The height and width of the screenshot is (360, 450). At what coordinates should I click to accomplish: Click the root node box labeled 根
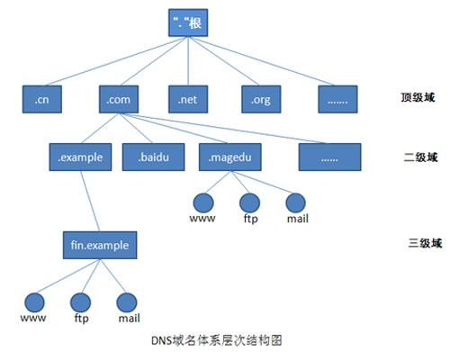(188, 22)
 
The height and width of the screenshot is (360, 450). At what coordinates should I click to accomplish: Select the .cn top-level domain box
(42, 99)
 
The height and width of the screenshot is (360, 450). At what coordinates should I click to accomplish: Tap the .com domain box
(119, 99)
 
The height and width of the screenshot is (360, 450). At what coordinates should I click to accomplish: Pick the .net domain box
(188, 99)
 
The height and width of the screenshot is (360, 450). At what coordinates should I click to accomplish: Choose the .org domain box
(261, 99)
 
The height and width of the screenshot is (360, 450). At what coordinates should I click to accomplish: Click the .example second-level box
(80, 157)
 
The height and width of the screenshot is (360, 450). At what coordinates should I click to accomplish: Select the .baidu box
(154, 157)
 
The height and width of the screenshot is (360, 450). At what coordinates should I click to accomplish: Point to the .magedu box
(230, 157)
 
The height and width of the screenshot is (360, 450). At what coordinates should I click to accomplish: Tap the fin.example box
(100, 245)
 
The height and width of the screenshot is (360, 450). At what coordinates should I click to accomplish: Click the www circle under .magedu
(203, 202)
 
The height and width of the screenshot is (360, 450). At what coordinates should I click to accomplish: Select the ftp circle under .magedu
(249, 202)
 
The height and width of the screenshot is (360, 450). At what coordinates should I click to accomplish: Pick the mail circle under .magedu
(296, 202)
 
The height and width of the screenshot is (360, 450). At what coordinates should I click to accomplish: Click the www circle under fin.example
(34, 302)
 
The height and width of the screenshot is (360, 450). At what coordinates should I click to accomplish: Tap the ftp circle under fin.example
(80, 302)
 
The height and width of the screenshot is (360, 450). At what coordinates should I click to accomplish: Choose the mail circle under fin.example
(127, 302)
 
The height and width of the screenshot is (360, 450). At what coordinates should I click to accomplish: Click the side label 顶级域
(418, 97)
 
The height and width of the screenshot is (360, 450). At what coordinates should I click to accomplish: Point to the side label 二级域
(420, 157)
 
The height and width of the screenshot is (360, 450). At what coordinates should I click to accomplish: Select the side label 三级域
(425, 243)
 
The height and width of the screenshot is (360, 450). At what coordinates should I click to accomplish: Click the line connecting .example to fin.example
(90, 201)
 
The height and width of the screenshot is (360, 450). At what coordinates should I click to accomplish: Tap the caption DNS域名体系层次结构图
(217, 341)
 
